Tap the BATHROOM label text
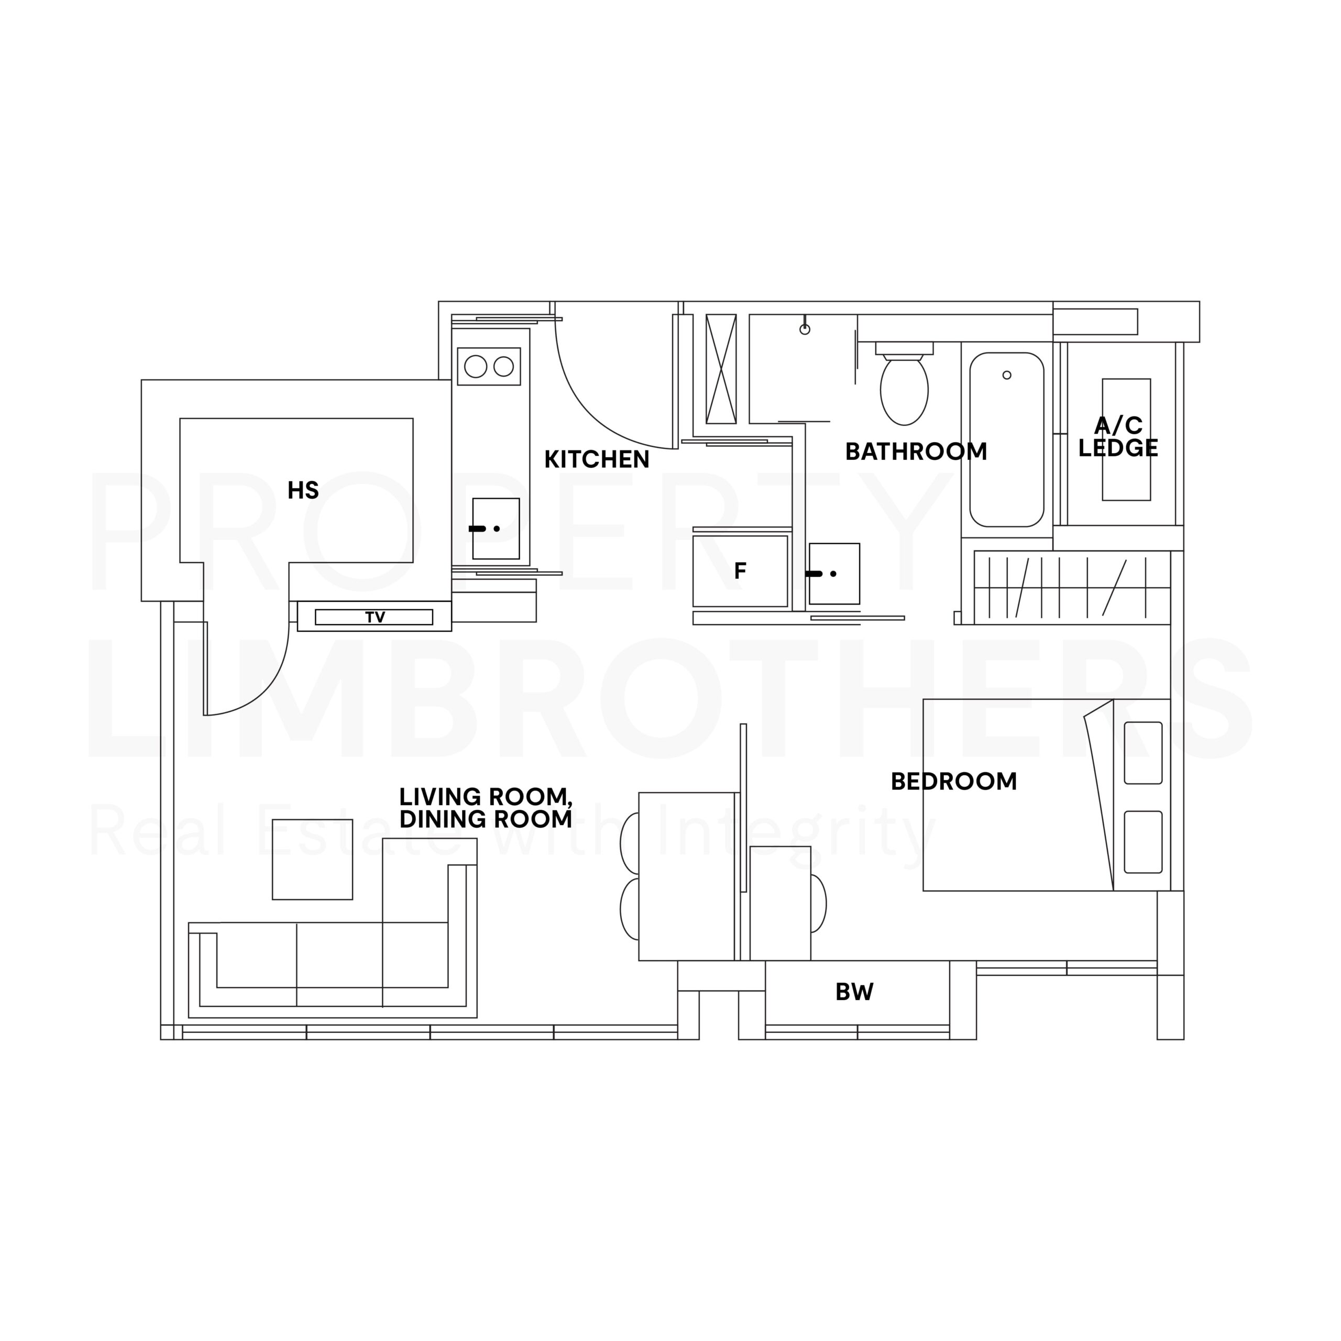[x=916, y=452]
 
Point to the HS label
[x=303, y=491]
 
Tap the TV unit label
[x=375, y=617]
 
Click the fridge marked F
[x=741, y=570]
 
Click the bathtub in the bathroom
[x=1006, y=440]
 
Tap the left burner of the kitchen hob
[x=476, y=367]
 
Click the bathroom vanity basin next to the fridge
[x=834, y=574]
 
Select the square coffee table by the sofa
[x=312, y=859]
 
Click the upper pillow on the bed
[x=1143, y=753]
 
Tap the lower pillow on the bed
[x=1143, y=842]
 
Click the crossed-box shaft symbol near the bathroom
[x=721, y=369]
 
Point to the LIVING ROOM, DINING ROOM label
[x=486, y=808]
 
